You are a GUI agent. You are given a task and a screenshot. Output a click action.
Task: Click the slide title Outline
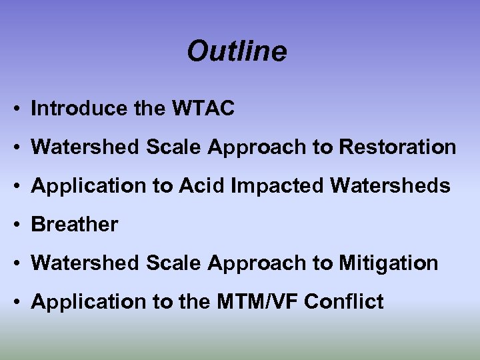tap(237, 51)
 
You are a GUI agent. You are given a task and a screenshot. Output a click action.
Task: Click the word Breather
tap(75, 225)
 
